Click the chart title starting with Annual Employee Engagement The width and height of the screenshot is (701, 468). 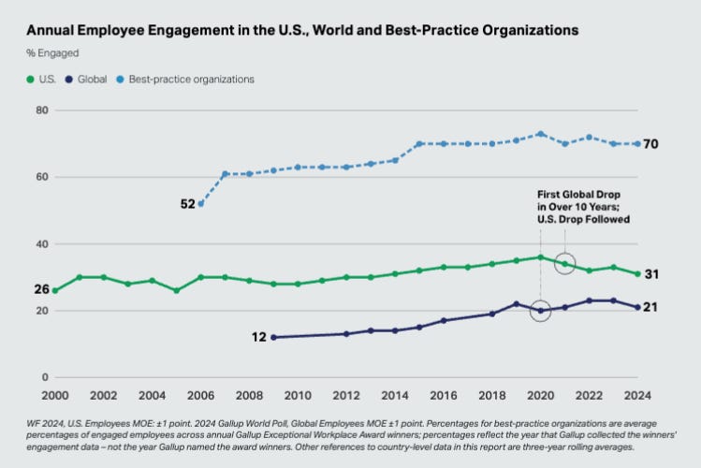pos(302,30)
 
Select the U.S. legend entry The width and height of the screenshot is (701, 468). pos(41,80)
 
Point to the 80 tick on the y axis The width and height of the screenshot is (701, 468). pos(41,110)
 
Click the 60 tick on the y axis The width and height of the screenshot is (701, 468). pos(41,177)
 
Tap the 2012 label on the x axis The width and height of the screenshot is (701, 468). pos(346,395)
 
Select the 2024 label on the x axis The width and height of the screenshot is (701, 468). pos(638,395)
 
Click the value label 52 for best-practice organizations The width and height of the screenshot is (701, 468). pos(188,203)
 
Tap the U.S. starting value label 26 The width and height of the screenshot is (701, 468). pos(41,289)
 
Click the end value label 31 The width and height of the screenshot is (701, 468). pos(653,274)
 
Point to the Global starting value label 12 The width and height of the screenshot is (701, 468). pos(260,337)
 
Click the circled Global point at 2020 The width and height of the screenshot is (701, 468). pos(541,311)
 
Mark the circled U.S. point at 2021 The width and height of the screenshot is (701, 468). pos(565,264)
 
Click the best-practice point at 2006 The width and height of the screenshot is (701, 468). pos(200,204)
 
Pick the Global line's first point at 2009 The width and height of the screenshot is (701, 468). pos(273,337)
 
